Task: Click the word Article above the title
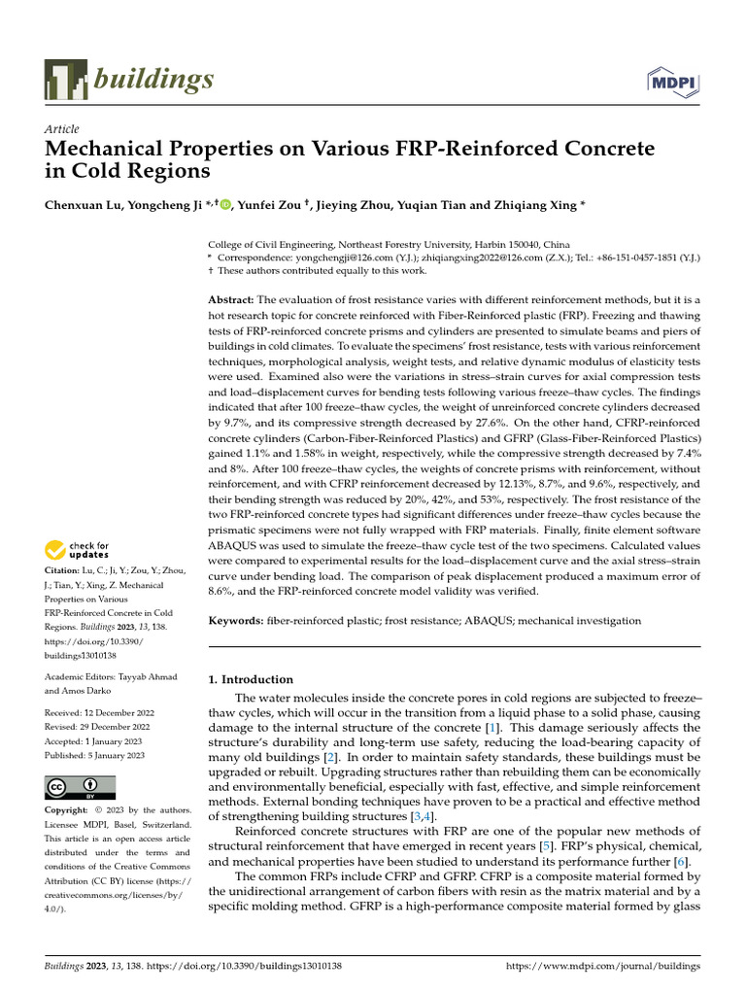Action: [62, 129]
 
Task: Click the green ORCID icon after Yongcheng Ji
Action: [226, 205]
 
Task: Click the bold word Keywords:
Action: [237, 620]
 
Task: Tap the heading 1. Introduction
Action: [251, 679]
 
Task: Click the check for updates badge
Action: [78, 550]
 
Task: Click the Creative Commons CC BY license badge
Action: [81, 787]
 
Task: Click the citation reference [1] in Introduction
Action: [492, 728]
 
